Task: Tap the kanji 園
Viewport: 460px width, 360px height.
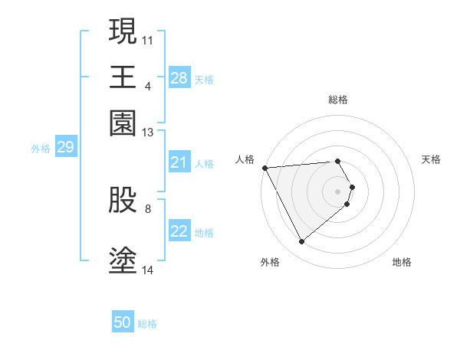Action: pyautogui.click(x=123, y=123)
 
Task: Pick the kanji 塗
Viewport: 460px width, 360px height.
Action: pyautogui.click(x=123, y=260)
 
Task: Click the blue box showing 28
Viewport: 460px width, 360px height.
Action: pyautogui.click(x=179, y=77)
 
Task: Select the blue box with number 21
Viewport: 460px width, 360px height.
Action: pyautogui.click(x=179, y=162)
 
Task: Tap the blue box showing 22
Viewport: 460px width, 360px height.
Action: pyautogui.click(x=179, y=231)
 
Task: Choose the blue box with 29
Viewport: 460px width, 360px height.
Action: pyautogui.click(x=65, y=148)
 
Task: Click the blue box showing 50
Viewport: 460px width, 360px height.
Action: pyautogui.click(x=122, y=322)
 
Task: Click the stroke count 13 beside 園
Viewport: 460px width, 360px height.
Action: pyautogui.click(x=148, y=133)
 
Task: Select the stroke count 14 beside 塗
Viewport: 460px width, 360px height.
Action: pyautogui.click(x=148, y=270)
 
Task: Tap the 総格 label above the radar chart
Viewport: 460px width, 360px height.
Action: pyautogui.click(x=338, y=100)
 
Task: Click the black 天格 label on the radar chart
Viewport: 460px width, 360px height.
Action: pyautogui.click(x=431, y=159)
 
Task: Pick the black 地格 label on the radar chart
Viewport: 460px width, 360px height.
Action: pyautogui.click(x=402, y=262)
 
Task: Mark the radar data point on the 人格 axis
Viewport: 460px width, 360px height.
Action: pyautogui.click(x=264, y=168)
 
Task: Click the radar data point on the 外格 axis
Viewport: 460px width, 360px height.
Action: pyautogui.click(x=301, y=242)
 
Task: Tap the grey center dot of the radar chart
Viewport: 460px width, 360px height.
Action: pyautogui.click(x=338, y=191)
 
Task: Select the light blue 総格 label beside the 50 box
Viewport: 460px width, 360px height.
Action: pyautogui.click(x=147, y=324)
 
